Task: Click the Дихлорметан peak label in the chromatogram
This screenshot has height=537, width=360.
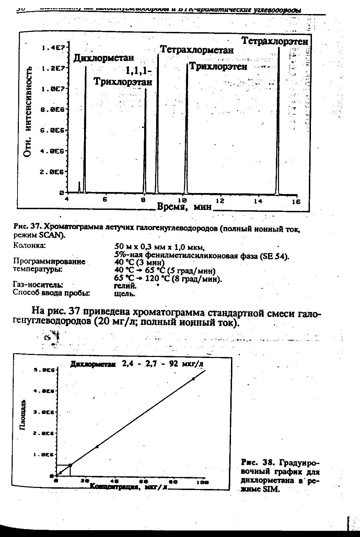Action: [104, 58]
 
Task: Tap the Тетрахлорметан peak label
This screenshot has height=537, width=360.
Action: [197, 50]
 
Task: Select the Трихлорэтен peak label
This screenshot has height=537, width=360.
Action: [218, 67]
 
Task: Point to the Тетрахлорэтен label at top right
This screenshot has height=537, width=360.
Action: [275, 41]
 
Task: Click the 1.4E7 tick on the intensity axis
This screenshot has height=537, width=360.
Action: [53, 48]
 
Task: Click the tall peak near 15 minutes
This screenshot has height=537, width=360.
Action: [278, 120]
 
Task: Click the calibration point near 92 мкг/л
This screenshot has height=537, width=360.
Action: [193, 379]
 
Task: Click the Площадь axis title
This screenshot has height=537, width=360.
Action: [23, 415]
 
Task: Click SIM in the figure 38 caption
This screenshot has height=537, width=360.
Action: [273, 489]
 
